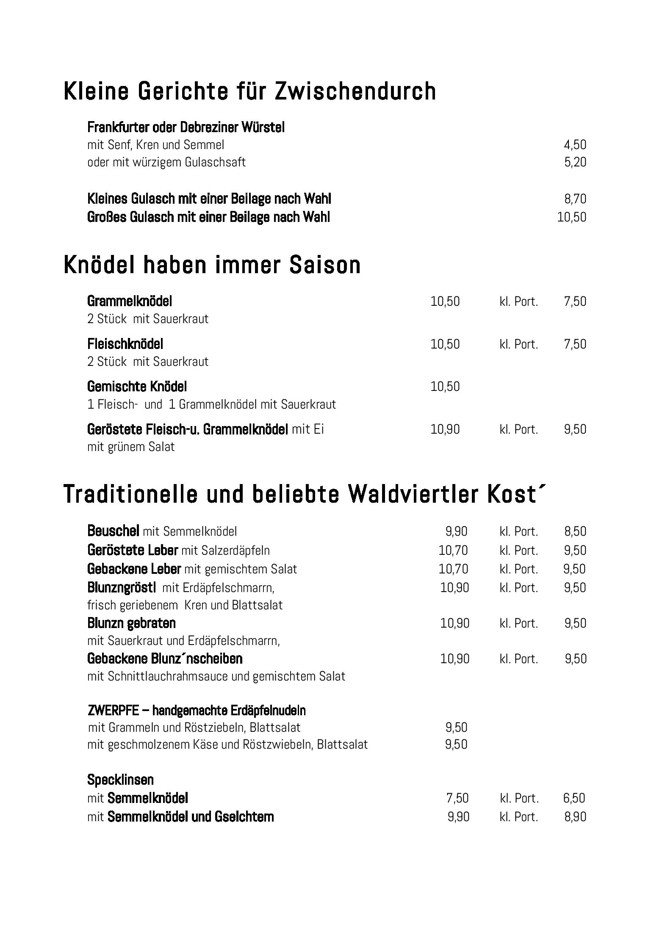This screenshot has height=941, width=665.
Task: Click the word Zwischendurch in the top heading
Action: point(355,91)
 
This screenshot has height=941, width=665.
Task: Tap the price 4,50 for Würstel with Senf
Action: point(575,145)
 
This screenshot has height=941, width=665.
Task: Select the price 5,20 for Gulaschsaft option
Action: point(575,162)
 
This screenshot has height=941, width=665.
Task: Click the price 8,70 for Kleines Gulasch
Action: point(575,199)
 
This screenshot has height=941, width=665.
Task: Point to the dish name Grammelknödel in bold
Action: point(130,302)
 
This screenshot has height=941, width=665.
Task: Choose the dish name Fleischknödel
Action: point(125,344)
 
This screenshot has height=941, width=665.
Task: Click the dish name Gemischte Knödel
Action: point(137,387)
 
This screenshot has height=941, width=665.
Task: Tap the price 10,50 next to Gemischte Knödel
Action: point(445,387)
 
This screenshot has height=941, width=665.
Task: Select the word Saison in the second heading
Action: point(325,265)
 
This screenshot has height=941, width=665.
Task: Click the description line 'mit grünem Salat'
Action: point(131,447)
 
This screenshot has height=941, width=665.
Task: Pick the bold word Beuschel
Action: point(113,531)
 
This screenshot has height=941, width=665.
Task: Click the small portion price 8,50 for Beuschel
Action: point(575,531)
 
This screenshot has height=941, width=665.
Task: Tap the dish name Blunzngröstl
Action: point(122,587)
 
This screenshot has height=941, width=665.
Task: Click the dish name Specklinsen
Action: point(120,780)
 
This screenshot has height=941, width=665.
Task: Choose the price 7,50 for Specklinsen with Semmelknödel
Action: point(457,798)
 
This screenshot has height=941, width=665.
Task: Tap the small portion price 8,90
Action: point(575,817)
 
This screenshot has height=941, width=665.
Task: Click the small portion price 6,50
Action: point(574,798)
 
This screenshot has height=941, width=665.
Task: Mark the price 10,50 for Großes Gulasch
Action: point(572,217)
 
